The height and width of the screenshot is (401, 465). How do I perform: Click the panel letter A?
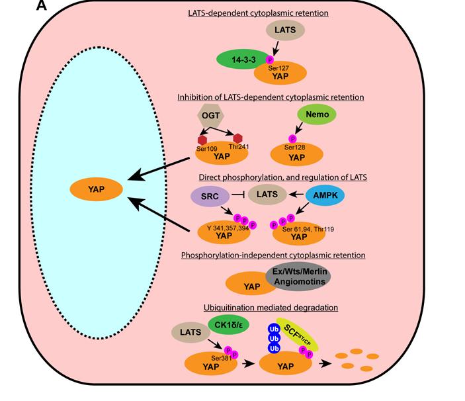(41, 7)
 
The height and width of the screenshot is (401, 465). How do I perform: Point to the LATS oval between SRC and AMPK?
(267, 195)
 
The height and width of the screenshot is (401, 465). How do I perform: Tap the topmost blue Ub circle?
(272, 328)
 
